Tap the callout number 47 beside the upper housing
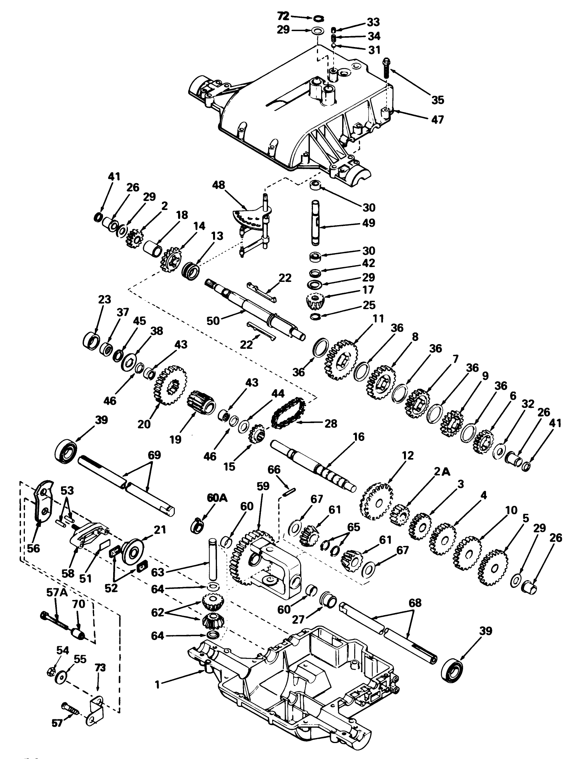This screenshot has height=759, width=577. (x=438, y=120)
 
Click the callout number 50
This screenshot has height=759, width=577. (x=213, y=321)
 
